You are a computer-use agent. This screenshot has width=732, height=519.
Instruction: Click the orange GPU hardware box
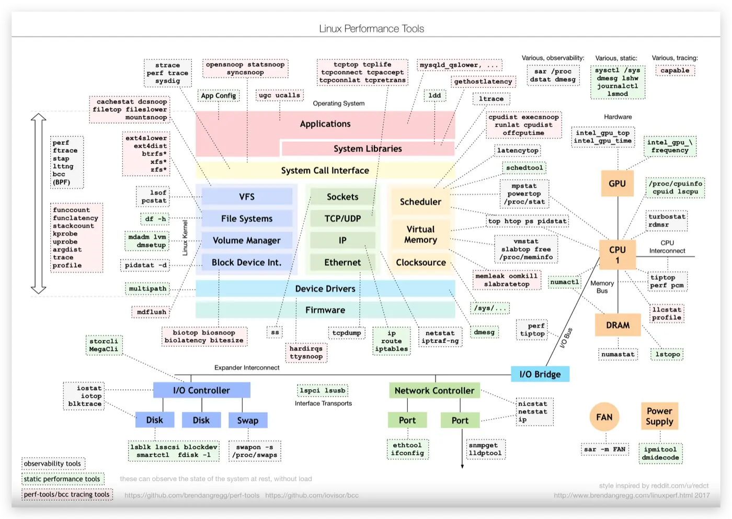click(617, 184)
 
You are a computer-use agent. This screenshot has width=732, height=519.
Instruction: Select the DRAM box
click(617, 325)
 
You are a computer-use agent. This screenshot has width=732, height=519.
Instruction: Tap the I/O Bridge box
click(540, 374)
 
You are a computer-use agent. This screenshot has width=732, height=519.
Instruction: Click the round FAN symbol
click(604, 417)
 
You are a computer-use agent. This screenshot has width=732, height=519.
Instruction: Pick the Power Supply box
click(659, 416)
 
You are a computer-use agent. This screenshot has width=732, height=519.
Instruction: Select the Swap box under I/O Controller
click(248, 420)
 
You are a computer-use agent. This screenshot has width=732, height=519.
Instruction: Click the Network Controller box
click(434, 390)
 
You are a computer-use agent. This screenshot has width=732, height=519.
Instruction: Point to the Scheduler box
click(420, 202)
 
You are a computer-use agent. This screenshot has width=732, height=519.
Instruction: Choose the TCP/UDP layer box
click(342, 219)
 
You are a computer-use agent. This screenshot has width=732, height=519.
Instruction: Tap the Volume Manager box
click(247, 241)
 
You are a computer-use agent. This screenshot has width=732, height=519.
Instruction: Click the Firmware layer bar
click(325, 310)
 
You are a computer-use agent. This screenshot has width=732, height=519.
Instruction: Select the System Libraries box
click(368, 149)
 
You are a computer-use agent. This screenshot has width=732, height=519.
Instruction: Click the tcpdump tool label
click(347, 333)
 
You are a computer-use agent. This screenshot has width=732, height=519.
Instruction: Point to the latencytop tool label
click(518, 151)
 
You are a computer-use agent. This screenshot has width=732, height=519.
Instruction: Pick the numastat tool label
click(617, 354)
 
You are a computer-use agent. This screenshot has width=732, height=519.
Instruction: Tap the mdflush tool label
click(152, 312)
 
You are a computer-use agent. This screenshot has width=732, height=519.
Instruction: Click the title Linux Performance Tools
click(371, 29)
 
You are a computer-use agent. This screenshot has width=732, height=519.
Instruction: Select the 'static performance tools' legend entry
click(62, 479)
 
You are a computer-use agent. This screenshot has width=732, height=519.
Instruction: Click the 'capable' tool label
click(674, 71)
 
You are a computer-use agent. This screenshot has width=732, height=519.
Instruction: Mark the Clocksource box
click(421, 263)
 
